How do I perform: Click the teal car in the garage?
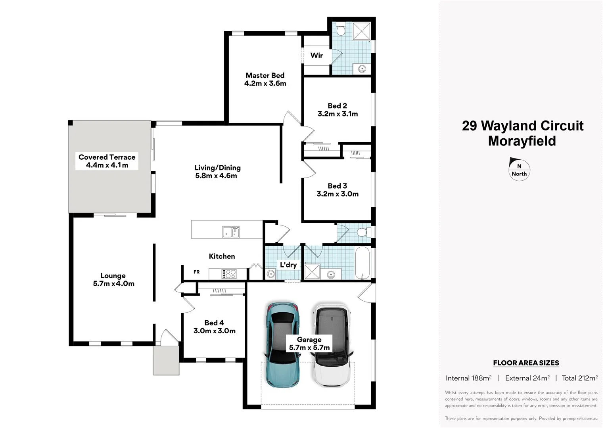point(282,345)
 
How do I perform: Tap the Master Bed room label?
point(265,75)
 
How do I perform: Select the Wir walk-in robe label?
point(316,55)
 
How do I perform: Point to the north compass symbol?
point(519,169)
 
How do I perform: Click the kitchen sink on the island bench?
point(231,232)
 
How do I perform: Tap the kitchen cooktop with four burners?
point(229,273)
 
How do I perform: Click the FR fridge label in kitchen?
point(196,272)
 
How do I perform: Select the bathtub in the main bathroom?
point(362,263)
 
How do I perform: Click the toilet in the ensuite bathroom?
point(341,30)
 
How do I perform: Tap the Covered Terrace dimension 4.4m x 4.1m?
point(107,165)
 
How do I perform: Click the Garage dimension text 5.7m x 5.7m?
point(309,348)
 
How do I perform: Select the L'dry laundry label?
point(288,265)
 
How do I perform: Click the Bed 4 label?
point(214,323)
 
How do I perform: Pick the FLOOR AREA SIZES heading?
point(526,363)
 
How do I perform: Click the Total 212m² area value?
point(579,378)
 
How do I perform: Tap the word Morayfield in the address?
point(522,141)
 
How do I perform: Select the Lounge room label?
point(113,275)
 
